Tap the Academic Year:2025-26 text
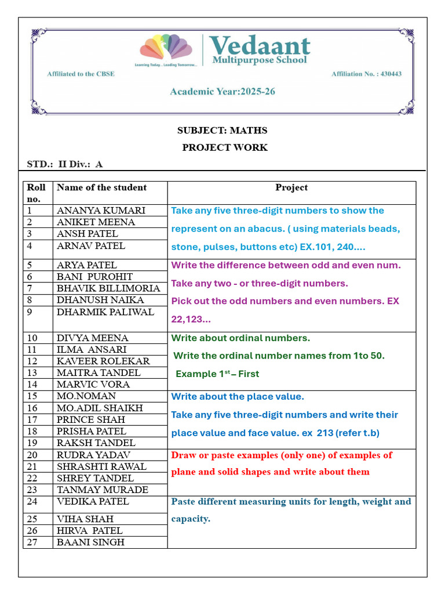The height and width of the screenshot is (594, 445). (x=222, y=92)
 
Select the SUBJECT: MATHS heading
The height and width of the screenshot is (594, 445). (x=222, y=131)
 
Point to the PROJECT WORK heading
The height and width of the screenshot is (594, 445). (x=225, y=147)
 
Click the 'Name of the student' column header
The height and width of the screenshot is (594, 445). (x=101, y=187)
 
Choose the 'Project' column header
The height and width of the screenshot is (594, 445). (x=291, y=187)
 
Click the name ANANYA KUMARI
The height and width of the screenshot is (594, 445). (x=101, y=211)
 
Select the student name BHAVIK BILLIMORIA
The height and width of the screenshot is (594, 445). (x=108, y=288)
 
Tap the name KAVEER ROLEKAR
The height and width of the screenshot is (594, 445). (x=103, y=361)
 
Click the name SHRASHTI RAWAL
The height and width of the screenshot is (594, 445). (x=101, y=466)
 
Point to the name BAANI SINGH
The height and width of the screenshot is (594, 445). (x=90, y=542)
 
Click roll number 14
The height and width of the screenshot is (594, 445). (x=32, y=384)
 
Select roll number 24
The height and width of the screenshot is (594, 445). (x=32, y=501)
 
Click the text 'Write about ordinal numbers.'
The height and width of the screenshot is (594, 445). (x=240, y=338)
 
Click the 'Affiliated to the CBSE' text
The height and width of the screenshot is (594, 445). (x=81, y=74)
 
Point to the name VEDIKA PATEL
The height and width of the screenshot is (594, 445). (x=93, y=501)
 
